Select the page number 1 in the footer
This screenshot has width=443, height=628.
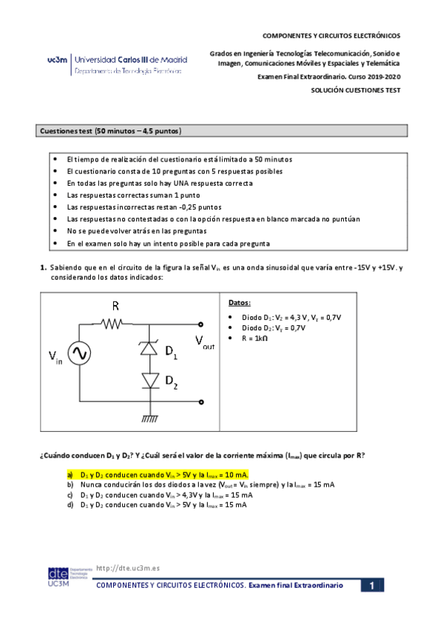click(x=373, y=586)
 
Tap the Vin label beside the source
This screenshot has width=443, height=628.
click(x=55, y=358)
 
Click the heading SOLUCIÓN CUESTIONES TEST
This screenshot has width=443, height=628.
click(x=356, y=90)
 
